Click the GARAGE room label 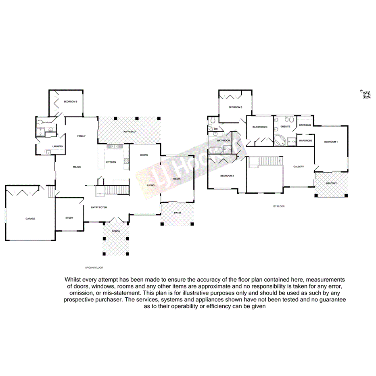click(30, 219)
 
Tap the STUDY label click(69, 218)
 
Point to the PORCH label click(116, 231)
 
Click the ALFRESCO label click(129, 132)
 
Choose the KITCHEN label click(111, 162)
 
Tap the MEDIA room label click(177, 178)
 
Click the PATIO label click(177, 213)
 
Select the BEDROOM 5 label click(70, 101)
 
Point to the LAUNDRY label click(58, 146)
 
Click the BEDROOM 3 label click(235, 107)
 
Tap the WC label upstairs click(215, 129)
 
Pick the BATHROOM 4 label click(260, 127)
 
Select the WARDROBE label click(305, 140)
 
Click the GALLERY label click(299, 167)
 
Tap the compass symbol click(366, 94)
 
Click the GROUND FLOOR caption click(94, 267)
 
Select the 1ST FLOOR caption click(278, 206)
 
